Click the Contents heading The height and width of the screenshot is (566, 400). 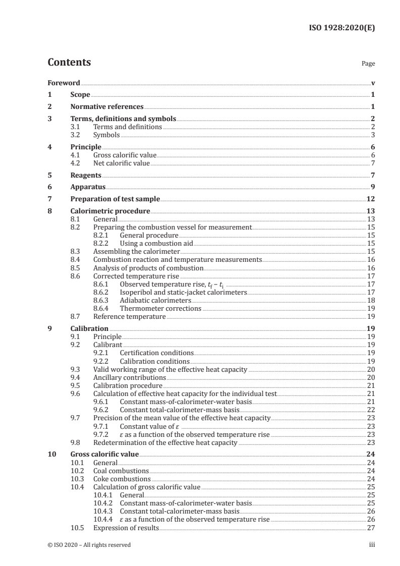point(69,63)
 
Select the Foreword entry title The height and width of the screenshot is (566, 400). point(64,83)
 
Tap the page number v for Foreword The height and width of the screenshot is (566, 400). point(373,83)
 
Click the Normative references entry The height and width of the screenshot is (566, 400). point(107,106)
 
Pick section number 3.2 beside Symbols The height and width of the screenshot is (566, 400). point(76,135)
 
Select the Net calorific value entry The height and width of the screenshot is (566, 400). point(122,163)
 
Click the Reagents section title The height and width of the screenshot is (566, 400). point(86,176)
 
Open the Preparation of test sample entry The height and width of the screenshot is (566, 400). point(115,199)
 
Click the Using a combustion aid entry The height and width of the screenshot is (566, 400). point(156,243)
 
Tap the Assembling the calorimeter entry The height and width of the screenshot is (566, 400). point(136,251)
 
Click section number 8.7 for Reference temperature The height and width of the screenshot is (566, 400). point(76,316)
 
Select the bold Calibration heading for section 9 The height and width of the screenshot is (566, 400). point(89,328)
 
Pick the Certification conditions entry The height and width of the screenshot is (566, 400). point(156,353)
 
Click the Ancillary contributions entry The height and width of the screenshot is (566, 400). point(129,377)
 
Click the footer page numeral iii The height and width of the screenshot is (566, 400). point(372,545)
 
